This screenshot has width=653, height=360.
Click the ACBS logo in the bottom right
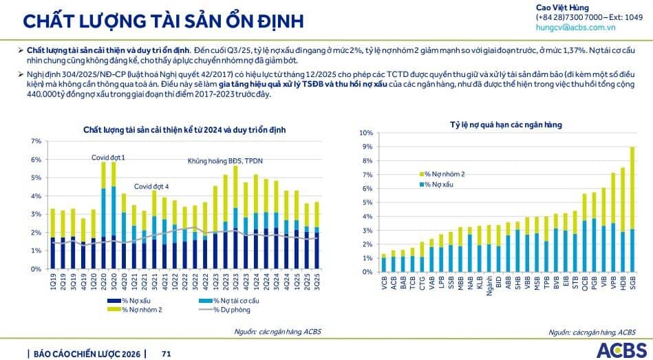click(621, 349)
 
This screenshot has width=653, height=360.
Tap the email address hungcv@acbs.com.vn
click(575, 28)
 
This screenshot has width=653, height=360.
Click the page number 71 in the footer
click(166, 354)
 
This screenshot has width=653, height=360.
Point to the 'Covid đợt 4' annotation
click(151, 186)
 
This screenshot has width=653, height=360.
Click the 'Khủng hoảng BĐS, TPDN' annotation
click(225, 161)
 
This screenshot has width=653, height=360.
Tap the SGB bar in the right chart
click(632, 207)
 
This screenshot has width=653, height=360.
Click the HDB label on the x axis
click(622, 282)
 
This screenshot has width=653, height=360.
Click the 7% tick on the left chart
click(36, 141)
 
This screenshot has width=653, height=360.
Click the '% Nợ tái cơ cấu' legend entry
click(217, 301)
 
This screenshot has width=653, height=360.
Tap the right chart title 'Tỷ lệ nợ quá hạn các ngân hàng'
click(506, 124)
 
